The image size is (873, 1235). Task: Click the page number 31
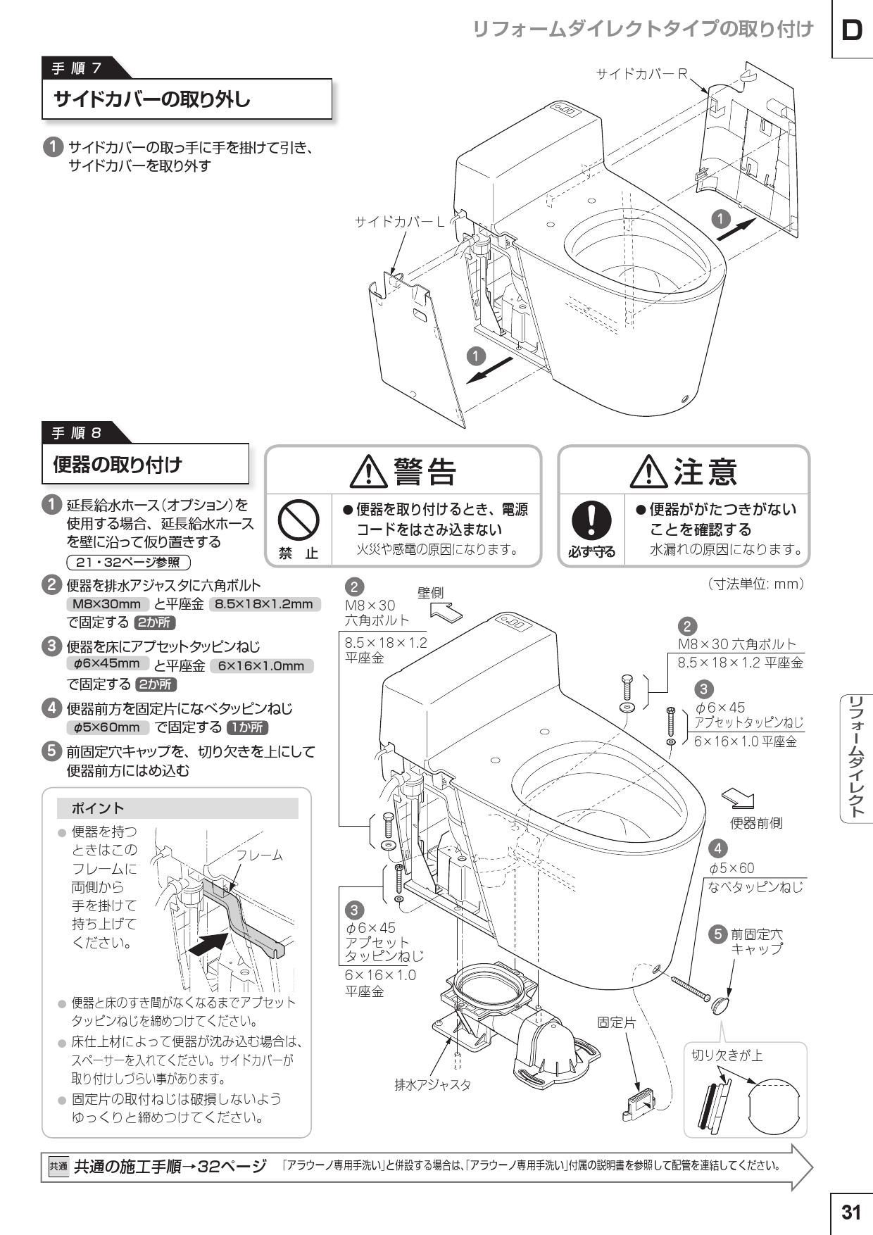click(x=851, y=1212)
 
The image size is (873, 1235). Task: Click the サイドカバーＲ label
click(x=641, y=73)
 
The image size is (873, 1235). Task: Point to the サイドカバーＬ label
click(x=400, y=222)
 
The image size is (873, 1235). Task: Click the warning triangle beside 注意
click(x=648, y=471)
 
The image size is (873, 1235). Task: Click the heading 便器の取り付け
click(x=118, y=464)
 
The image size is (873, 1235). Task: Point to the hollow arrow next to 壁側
click(x=446, y=613)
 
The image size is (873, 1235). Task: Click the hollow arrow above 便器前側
click(x=739, y=798)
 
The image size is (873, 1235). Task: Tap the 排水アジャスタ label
click(x=432, y=1084)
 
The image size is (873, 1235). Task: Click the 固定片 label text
click(x=616, y=1022)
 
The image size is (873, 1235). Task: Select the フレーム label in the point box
click(x=259, y=855)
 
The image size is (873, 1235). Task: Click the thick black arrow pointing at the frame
click(x=210, y=944)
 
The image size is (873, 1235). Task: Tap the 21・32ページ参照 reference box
click(x=127, y=562)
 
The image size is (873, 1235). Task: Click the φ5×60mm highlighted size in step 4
click(x=107, y=727)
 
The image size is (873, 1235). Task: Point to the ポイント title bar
click(x=178, y=808)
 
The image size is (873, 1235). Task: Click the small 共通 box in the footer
click(x=58, y=1166)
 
